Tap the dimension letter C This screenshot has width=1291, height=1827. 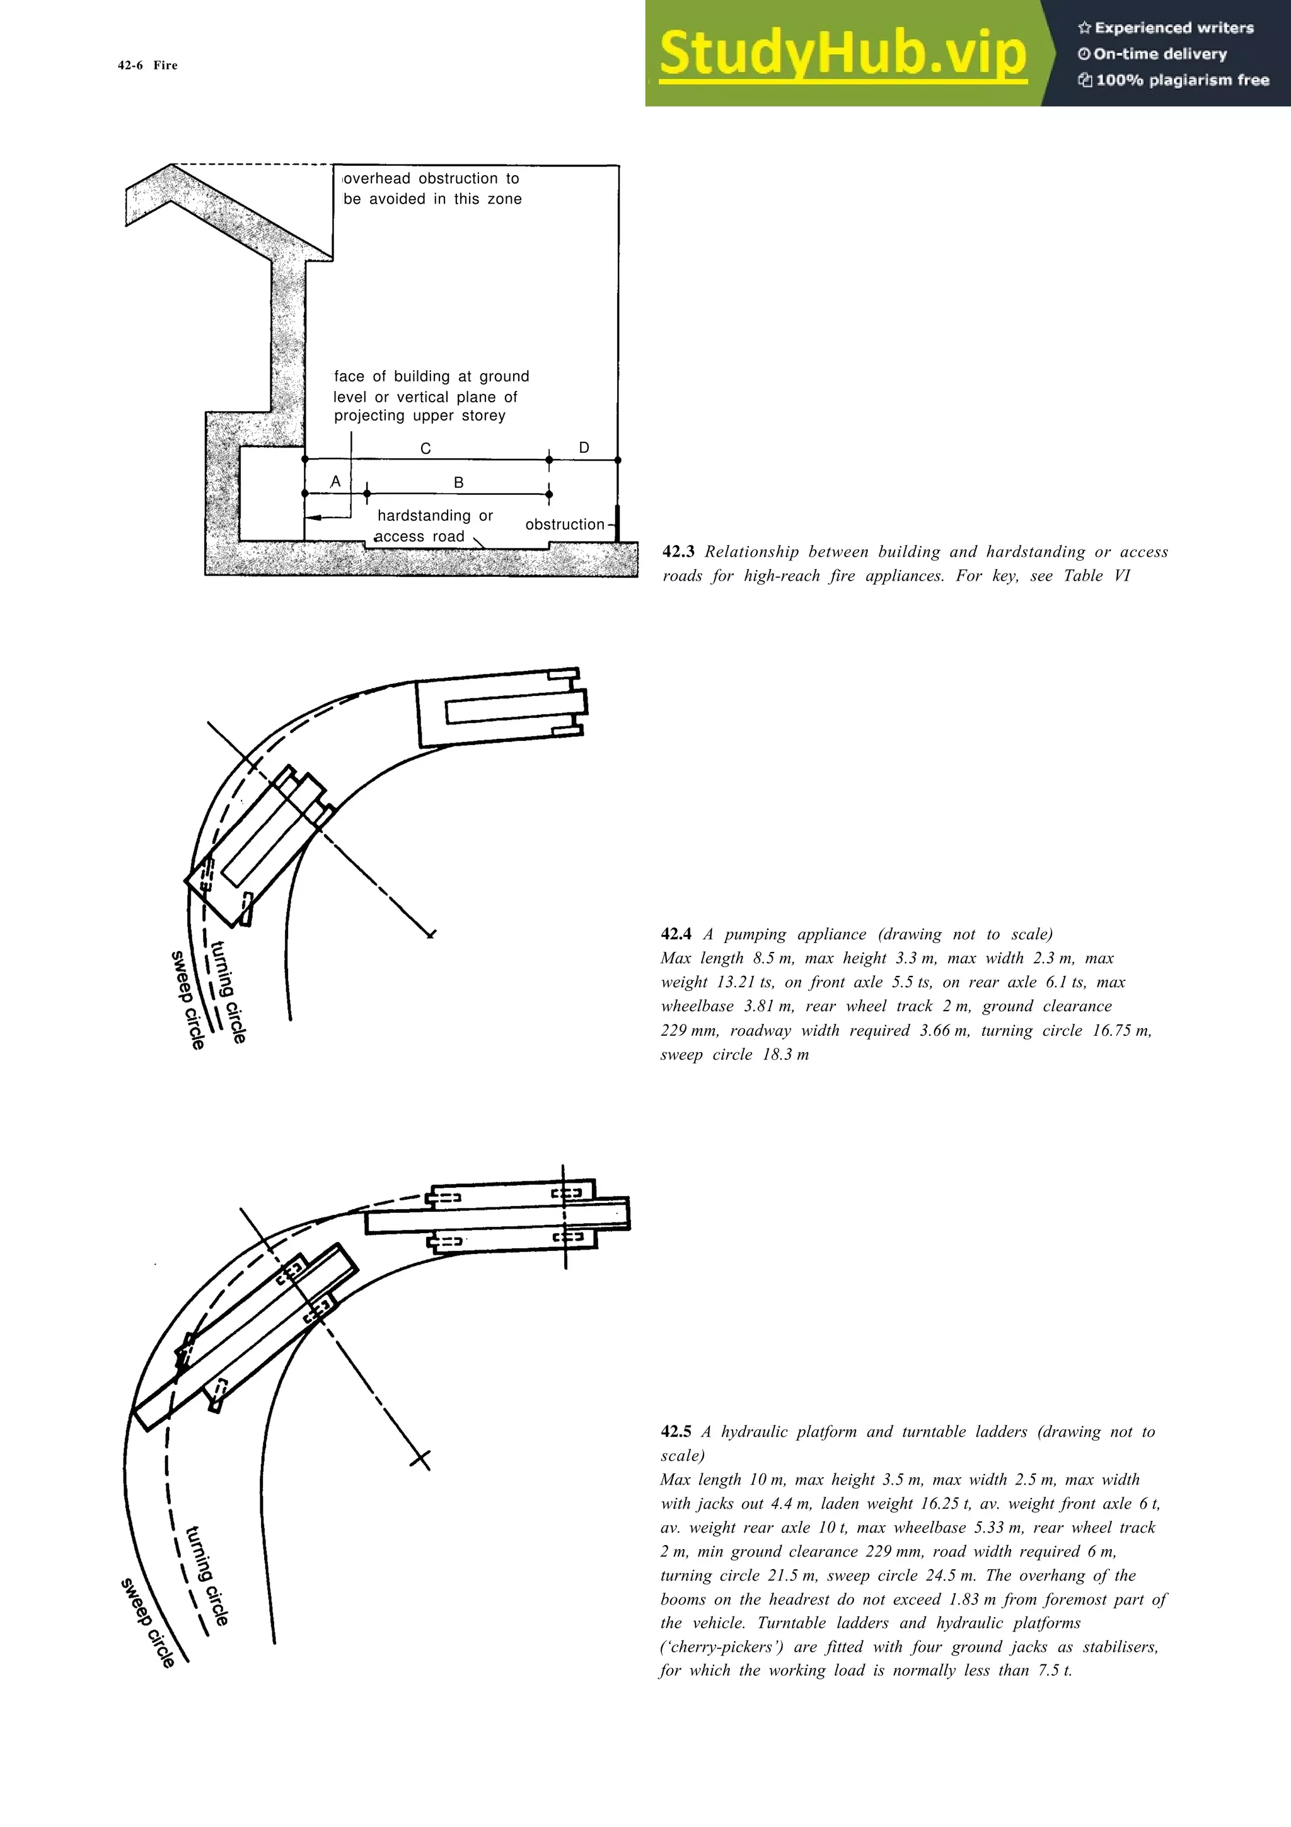tap(426, 449)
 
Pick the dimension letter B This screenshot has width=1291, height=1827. tap(458, 482)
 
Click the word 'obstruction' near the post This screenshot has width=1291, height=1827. tap(565, 525)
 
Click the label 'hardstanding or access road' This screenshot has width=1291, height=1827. tap(434, 526)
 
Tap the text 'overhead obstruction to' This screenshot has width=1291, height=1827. tap(431, 178)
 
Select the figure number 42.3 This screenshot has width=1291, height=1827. tap(678, 552)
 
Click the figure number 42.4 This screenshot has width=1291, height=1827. tap(676, 934)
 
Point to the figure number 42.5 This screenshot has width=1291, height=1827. tap(676, 1432)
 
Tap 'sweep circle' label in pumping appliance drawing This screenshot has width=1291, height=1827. tap(188, 999)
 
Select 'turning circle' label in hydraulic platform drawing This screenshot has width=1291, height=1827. tap(207, 1575)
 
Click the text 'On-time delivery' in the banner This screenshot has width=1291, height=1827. tap(1159, 54)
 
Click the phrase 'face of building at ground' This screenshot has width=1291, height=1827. tap(431, 376)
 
